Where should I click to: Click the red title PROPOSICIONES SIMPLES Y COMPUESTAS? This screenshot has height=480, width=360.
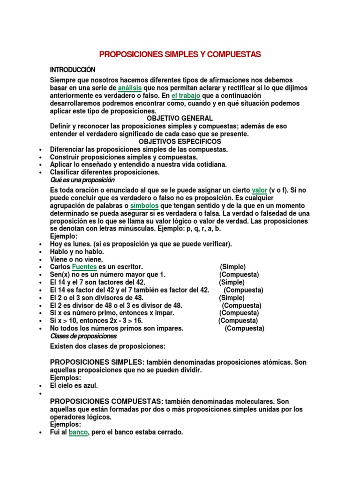pyautogui.click(x=180, y=54)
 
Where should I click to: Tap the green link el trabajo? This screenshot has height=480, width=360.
pyautogui.click(x=186, y=96)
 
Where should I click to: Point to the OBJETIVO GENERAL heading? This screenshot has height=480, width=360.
pyautogui.click(x=180, y=119)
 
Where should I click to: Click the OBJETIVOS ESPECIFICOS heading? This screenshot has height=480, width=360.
pyautogui.click(x=180, y=142)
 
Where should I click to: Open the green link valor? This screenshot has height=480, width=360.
pyautogui.click(x=259, y=191)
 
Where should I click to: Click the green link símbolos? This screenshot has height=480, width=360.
pyautogui.click(x=144, y=206)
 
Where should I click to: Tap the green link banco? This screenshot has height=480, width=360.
pyautogui.click(x=78, y=433)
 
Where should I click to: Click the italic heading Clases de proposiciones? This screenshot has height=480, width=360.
pyautogui.click(x=83, y=337)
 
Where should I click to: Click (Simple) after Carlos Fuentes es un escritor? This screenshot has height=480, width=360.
pyautogui.click(x=232, y=267)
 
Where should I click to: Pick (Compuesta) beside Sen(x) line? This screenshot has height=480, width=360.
pyautogui.click(x=239, y=275)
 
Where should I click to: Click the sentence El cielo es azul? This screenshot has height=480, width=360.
pyautogui.click(x=74, y=386)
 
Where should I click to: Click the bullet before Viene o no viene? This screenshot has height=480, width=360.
pyautogui.click(x=42, y=260)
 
